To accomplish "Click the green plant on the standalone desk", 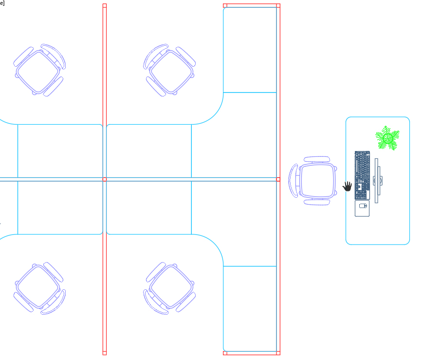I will (387, 138).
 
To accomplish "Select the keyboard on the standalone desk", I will (362, 175).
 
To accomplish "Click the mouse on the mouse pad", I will (363, 206).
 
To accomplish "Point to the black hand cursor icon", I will (347, 187).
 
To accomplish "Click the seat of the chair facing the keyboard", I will (317, 180).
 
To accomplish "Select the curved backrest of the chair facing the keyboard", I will (294, 180).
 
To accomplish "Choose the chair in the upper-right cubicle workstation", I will (170, 70).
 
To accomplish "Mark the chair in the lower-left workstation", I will (39, 287).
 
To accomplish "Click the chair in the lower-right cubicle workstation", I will (170, 287).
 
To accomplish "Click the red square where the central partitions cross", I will (104, 179).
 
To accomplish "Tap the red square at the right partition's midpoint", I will (278, 179).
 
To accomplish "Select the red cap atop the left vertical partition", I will (104, 6).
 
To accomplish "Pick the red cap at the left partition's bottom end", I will (104, 353).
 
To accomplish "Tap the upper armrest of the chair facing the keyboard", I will (317, 159).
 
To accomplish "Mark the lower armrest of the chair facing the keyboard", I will (317, 202).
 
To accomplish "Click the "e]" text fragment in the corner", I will (2, 3).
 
